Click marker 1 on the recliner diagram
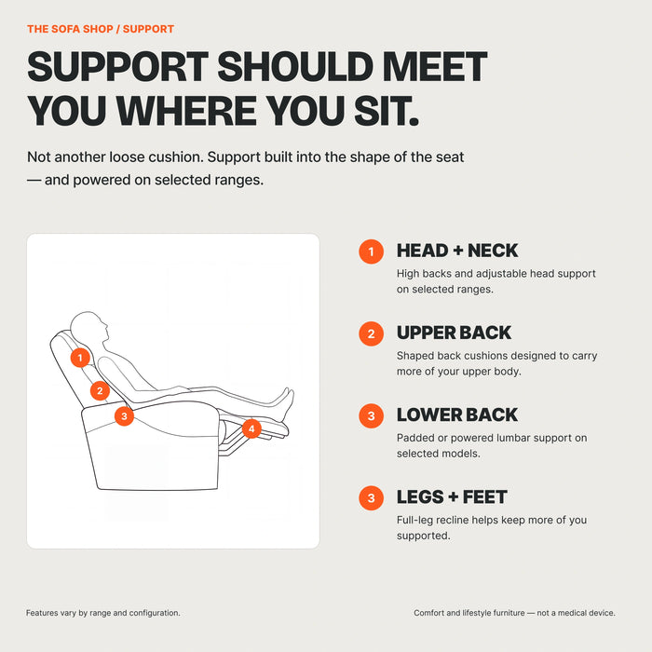(x=80, y=358)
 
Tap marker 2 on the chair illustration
(x=100, y=391)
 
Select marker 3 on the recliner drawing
(x=124, y=415)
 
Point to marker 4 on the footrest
(x=251, y=428)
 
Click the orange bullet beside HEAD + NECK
(x=372, y=251)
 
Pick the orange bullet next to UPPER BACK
(x=372, y=333)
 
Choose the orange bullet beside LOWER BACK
(x=372, y=415)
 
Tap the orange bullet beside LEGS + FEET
(x=372, y=498)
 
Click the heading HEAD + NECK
(x=457, y=251)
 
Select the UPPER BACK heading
(x=455, y=333)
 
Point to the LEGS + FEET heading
(x=452, y=496)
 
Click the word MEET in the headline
(x=435, y=66)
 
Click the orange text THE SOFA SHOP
(x=70, y=29)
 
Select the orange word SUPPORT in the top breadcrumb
(x=148, y=29)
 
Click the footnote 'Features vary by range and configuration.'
(x=103, y=613)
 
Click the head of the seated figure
(x=89, y=327)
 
